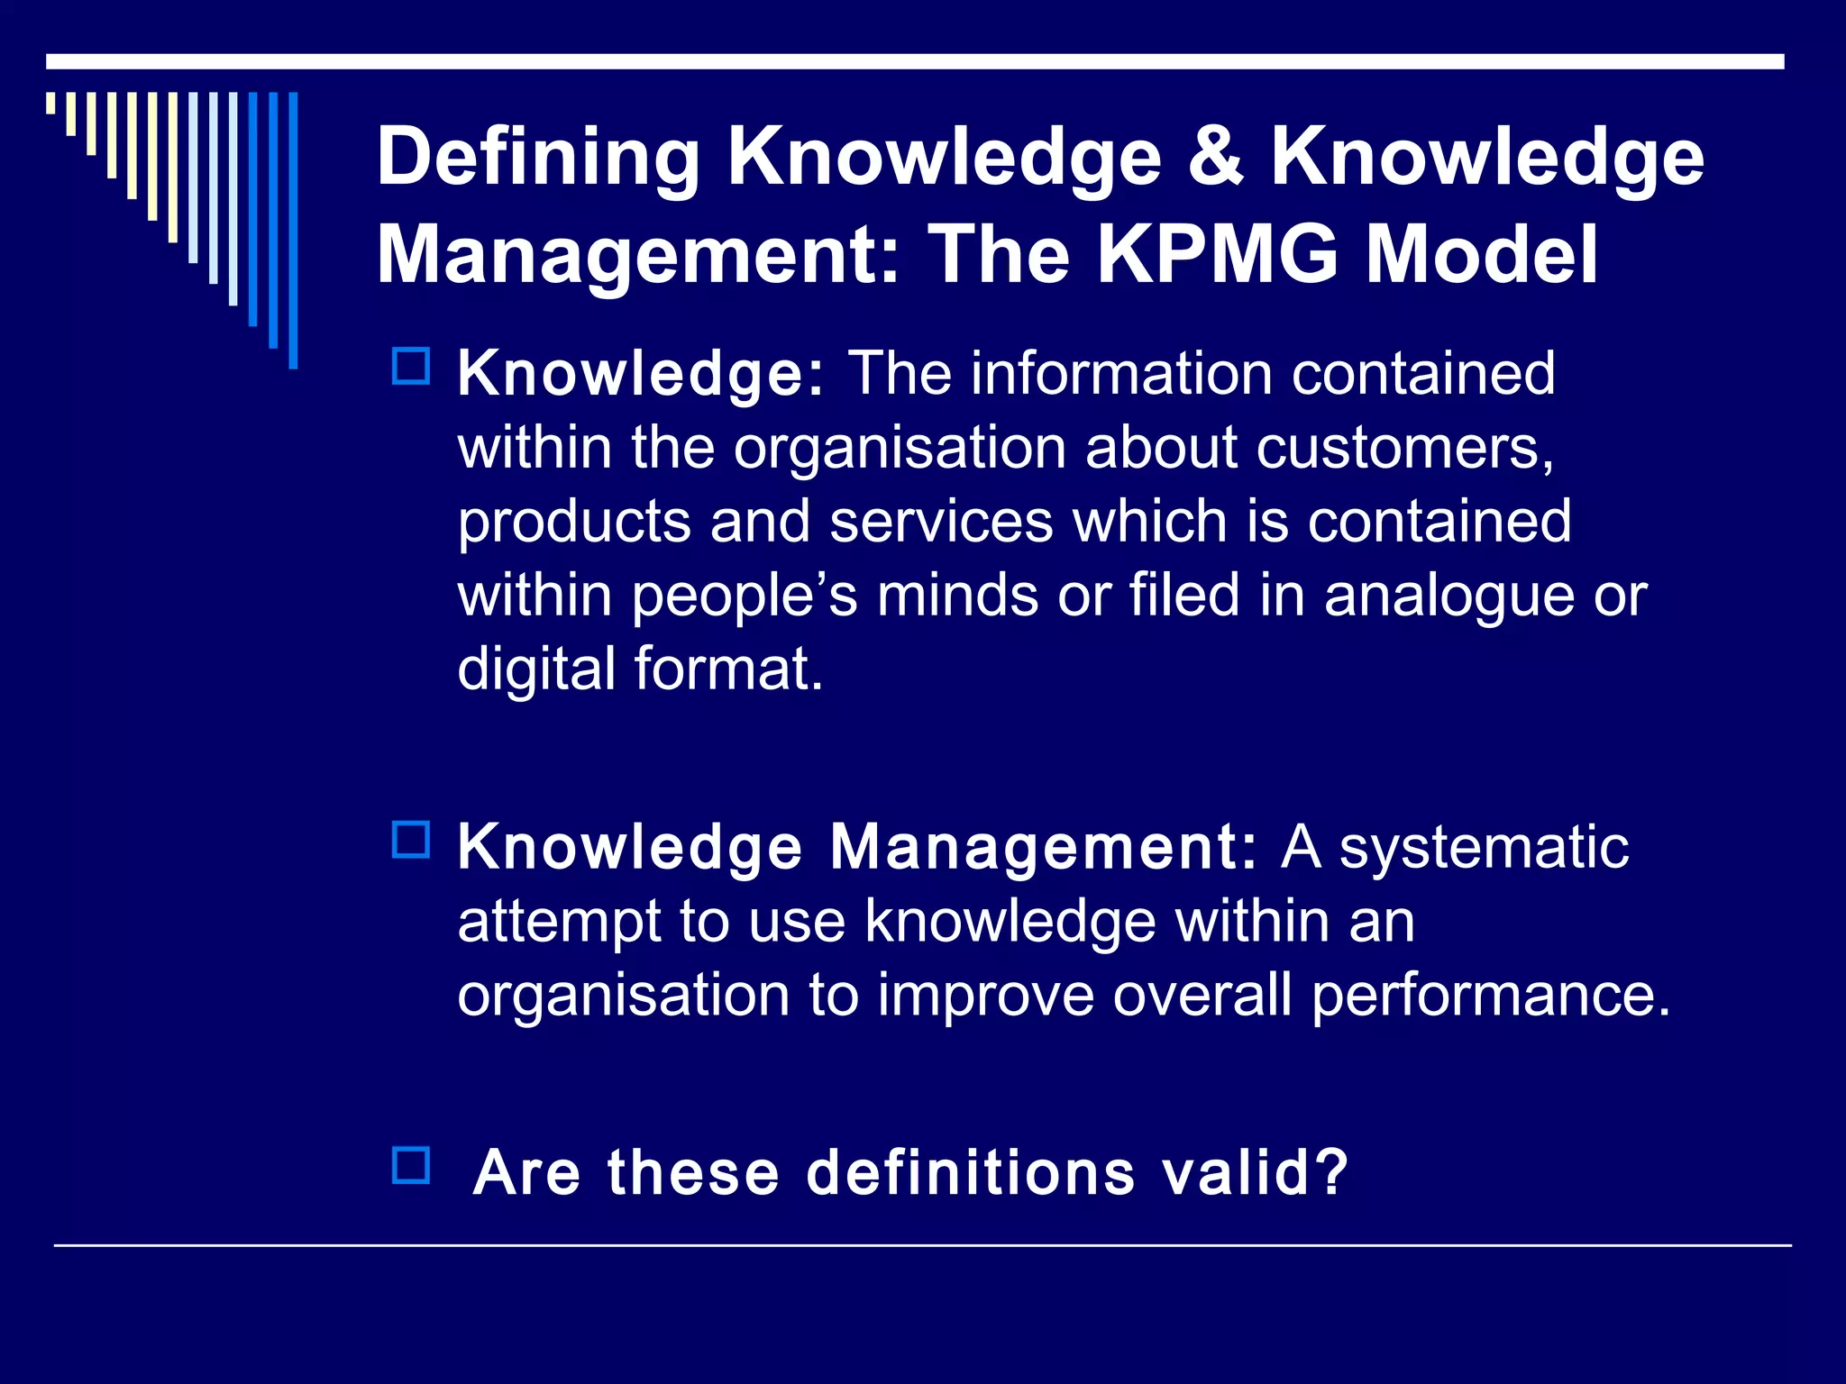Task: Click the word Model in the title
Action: tap(1482, 254)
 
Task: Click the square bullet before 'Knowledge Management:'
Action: tap(411, 840)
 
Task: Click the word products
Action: tap(573, 524)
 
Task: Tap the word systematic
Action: tap(1484, 848)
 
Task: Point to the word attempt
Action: tap(559, 923)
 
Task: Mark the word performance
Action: tap(1491, 997)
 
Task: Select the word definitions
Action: tap(970, 1173)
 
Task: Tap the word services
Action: tap(940, 524)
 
